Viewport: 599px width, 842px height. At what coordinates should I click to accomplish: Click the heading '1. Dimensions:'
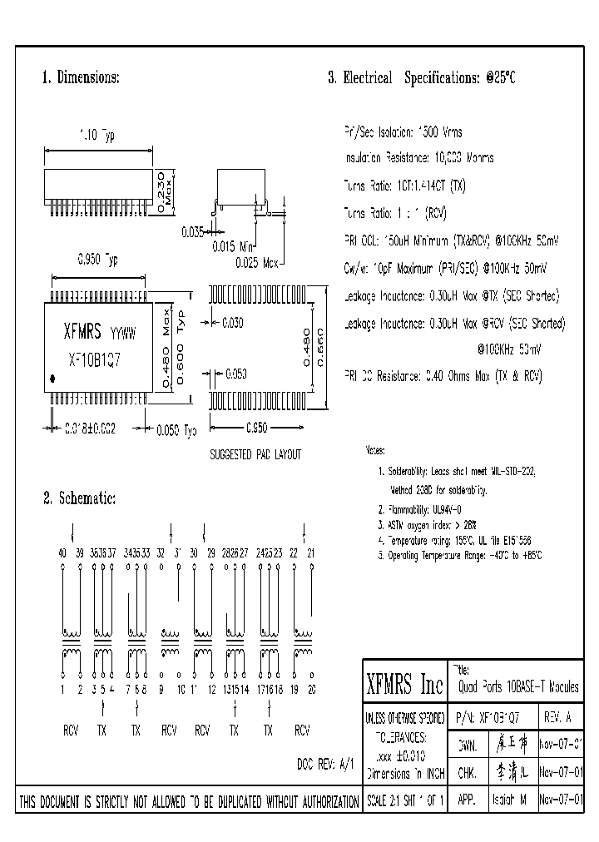pyautogui.click(x=81, y=78)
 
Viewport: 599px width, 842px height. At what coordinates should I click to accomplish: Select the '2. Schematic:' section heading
pyautogui.click(x=79, y=499)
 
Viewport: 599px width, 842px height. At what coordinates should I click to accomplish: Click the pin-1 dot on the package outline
pyautogui.click(x=53, y=379)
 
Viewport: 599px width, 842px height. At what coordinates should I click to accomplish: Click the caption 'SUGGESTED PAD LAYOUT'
pyautogui.click(x=255, y=455)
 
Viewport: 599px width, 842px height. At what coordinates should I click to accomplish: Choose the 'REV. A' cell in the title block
pyautogui.click(x=557, y=716)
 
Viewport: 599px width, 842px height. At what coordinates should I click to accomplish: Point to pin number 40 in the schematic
pyautogui.click(x=62, y=553)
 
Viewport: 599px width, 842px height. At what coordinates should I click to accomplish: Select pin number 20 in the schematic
pyautogui.click(x=312, y=690)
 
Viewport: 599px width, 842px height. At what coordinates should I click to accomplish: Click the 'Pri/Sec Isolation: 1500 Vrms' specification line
pyautogui.click(x=403, y=132)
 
